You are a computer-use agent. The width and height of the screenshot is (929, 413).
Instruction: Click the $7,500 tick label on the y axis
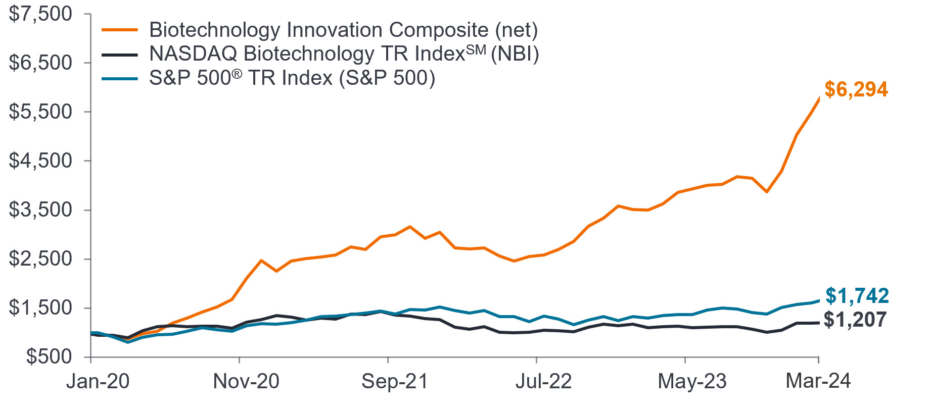click(x=40, y=14)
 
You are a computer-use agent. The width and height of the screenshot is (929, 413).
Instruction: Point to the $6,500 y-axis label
click(x=40, y=63)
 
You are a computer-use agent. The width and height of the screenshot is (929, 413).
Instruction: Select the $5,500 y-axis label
click(x=40, y=112)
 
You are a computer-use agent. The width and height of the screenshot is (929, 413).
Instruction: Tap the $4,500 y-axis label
click(x=40, y=161)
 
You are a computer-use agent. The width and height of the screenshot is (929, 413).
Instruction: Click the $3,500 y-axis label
click(x=40, y=210)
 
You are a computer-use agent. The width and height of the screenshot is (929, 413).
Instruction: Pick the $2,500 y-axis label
click(x=40, y=259)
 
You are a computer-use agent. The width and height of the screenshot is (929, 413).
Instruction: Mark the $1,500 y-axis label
click(x=40, y=308)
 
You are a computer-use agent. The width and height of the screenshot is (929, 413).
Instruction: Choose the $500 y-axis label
click(x=49, y=357)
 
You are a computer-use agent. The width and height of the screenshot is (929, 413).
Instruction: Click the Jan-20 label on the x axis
click(x=98, y=381)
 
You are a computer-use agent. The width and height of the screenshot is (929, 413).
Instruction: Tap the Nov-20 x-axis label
click(x=246, y=381)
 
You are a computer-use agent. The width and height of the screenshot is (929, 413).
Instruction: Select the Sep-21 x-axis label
click(x=395, y=381)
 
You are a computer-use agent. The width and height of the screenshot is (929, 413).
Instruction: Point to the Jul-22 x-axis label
click(x=543, y=381)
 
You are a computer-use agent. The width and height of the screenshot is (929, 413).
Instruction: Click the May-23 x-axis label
click(x=692, y=381)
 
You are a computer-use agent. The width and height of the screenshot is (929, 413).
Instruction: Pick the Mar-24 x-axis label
click(x=818, y=381)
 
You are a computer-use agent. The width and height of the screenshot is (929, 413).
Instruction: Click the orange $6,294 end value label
click(x=856, y=89)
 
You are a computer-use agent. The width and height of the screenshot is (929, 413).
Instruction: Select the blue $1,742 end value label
click(x=857, y=296)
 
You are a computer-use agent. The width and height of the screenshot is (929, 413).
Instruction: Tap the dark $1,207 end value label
click(x=855, y=320)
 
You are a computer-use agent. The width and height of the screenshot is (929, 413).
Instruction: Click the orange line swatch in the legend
click(x=120, y=30)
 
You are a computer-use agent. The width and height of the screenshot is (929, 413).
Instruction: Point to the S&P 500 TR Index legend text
click(x=292, y=78)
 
